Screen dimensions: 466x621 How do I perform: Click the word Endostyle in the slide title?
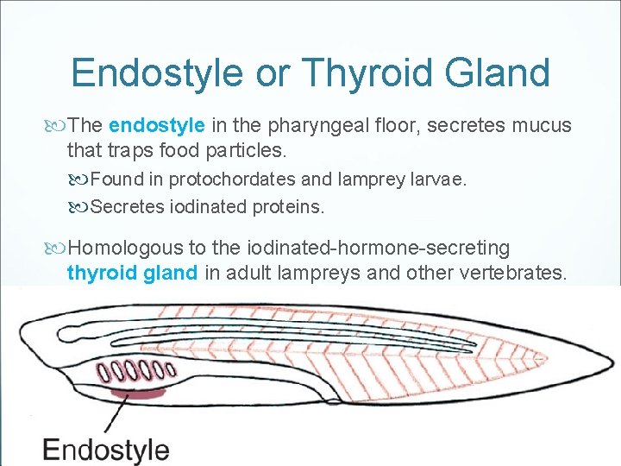[x=158, y=73]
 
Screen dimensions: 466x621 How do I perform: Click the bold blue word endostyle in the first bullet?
[x=157, y=125]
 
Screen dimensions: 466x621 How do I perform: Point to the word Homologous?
[x=126, y=248]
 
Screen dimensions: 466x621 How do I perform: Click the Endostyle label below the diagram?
[x=106, y=450]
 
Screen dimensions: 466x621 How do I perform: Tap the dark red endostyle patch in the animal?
[x=138, y=394]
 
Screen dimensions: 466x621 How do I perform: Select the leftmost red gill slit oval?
[x=103, y=373]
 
